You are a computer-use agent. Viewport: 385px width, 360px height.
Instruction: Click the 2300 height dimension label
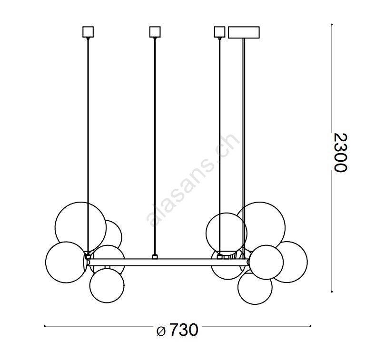(341, 152)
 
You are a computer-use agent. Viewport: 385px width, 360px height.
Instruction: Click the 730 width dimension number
(183, 330)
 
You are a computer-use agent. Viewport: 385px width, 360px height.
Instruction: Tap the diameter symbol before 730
(161, 331)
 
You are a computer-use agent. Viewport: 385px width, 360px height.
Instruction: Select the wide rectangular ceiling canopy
(244, 32)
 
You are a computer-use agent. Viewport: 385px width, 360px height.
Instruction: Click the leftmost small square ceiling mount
(88, 32)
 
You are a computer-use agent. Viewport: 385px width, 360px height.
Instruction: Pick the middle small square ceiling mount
(155, 32)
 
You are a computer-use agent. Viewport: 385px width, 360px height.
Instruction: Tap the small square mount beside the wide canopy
(220, 32)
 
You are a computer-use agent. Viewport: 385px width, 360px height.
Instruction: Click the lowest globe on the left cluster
(107, 285)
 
